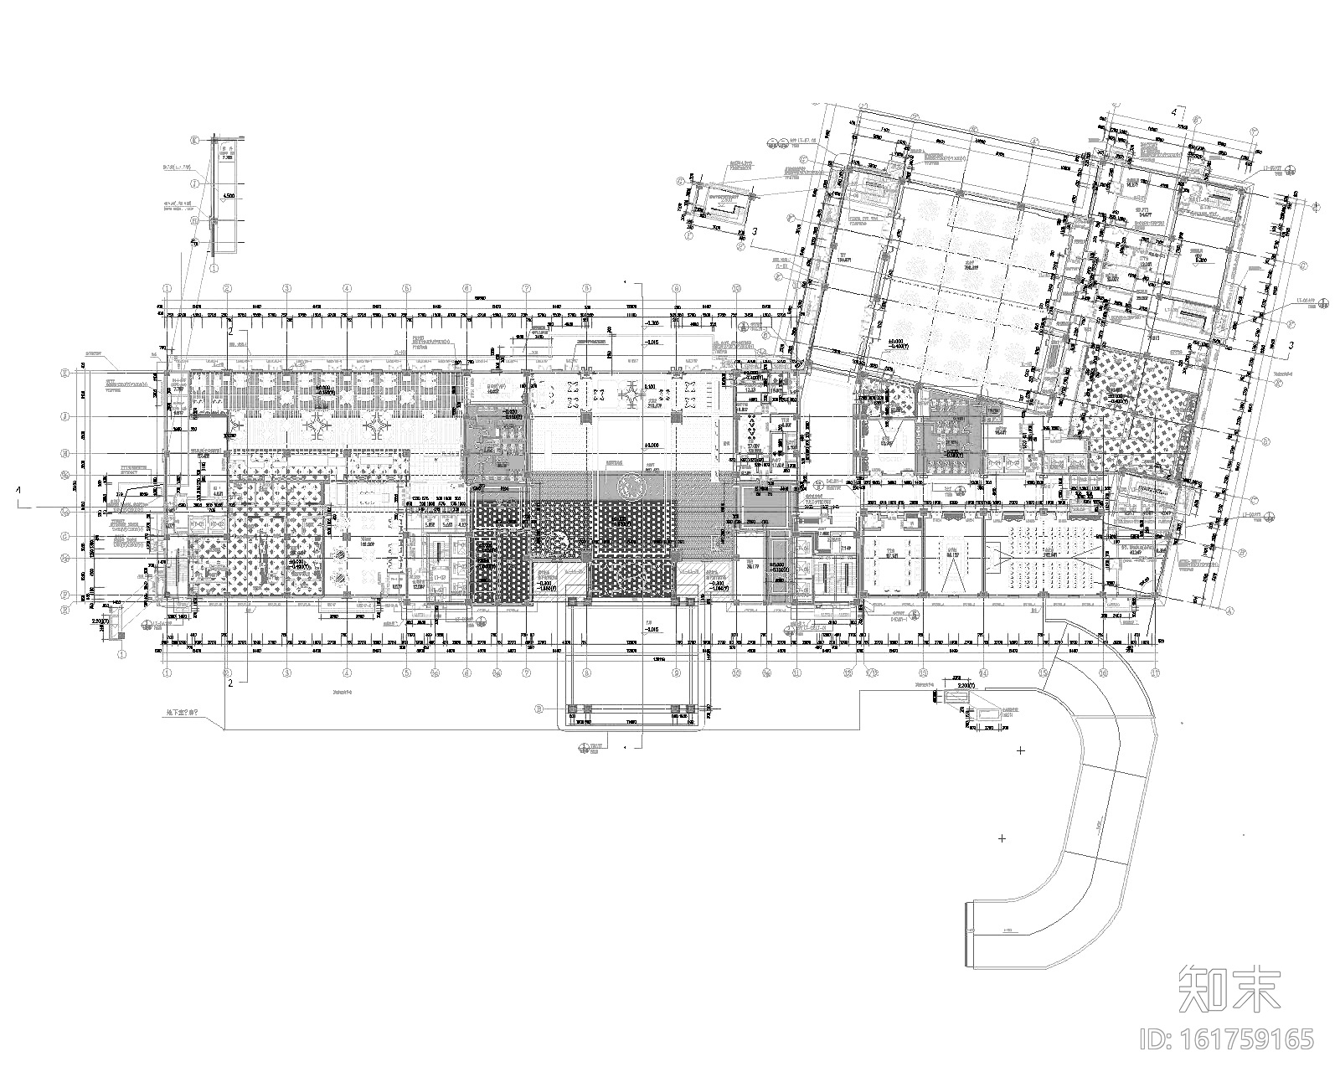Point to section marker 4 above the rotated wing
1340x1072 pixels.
[1175, 111]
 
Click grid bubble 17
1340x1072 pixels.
[1157, 673]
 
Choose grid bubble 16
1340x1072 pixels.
[1103, 673]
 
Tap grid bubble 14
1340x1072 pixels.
[983, 673]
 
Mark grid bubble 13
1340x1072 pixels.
[924, 673]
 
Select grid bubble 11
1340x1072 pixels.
[796, 673]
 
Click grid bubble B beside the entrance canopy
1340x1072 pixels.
[540, 709]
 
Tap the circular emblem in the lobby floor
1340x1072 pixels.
[631, 484]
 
